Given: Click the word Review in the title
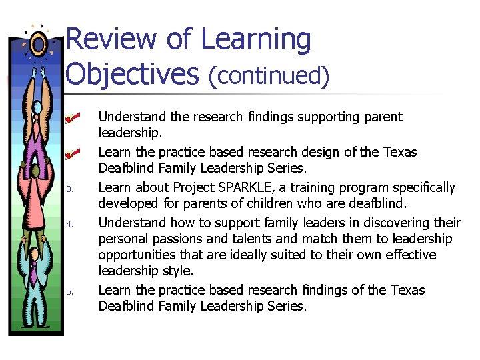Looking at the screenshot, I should [x=111, y=39].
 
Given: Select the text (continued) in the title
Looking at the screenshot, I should [x=269, y=76].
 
